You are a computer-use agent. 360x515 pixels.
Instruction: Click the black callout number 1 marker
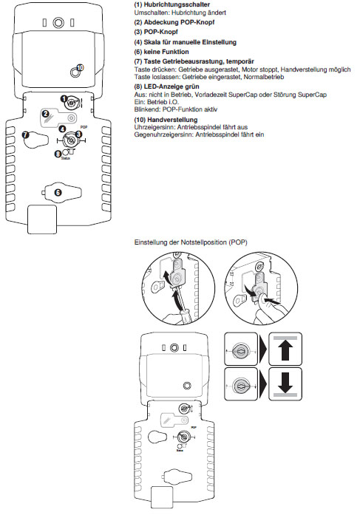[64, 98]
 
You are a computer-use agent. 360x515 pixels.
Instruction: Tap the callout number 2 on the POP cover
[46, 114]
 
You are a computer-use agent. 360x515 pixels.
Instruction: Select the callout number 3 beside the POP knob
[78, 134]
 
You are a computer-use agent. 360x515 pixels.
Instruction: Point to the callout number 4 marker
[62, 129]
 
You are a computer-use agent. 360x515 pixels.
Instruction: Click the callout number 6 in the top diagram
[58, 192]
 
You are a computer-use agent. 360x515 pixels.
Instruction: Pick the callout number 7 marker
[26, 135]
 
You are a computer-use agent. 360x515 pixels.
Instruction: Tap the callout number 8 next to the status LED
[58, 153]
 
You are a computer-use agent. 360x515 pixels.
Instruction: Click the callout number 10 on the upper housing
[80, 67]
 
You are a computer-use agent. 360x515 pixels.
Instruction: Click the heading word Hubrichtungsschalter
[177, 4]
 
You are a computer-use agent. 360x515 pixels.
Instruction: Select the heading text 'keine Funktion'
[166, 52]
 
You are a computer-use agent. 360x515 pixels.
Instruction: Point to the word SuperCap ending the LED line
[312, 95]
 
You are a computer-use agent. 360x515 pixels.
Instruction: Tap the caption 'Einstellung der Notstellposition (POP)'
[191, 242]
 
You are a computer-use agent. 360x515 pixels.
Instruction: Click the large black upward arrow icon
[285, 349]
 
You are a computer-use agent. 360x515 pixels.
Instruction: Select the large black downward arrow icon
[285, 383]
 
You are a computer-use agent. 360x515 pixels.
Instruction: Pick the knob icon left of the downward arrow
[241, 384]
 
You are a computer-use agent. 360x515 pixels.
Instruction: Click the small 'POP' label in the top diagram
[84, 127]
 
